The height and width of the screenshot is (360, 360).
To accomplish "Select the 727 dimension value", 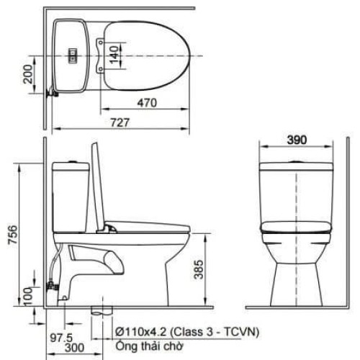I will (120, 122).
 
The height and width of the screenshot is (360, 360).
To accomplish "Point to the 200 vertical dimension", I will (27, 73).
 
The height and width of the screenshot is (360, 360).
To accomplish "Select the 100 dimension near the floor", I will (28, 295).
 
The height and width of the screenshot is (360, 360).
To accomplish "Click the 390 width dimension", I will (295, 139).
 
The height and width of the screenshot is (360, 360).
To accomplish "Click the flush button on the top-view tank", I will (72, 54).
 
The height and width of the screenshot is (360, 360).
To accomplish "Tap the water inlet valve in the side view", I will (51, 287).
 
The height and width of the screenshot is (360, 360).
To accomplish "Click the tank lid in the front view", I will (296, 166).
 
